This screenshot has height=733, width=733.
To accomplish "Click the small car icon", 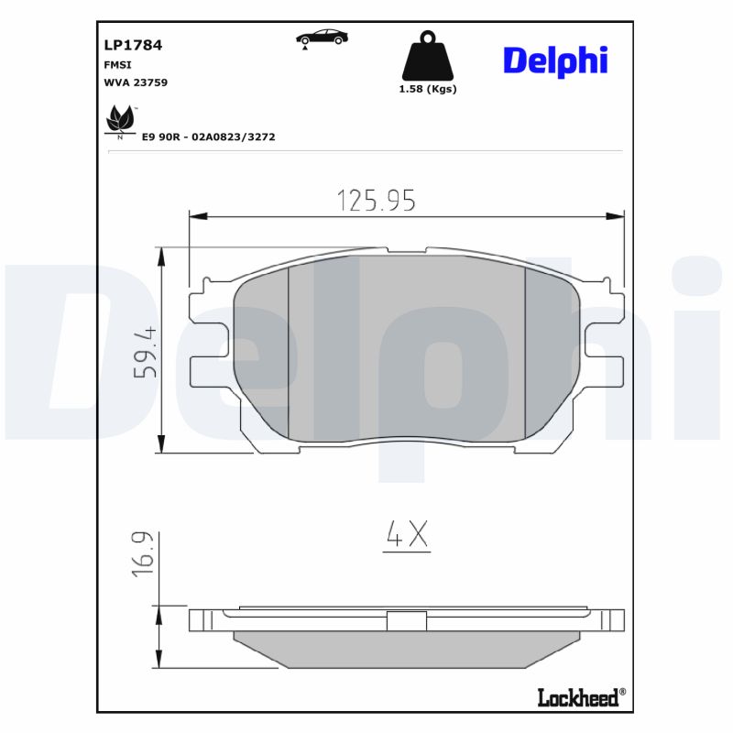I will pos(322,37).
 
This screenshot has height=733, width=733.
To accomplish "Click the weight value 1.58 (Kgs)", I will pos(427,90).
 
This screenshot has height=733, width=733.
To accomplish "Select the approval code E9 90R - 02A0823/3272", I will pos(208,137).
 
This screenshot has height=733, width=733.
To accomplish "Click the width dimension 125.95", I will pos(376,200).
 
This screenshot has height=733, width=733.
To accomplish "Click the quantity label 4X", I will pos(406,535).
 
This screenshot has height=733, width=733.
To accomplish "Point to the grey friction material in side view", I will pos(407,646).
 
